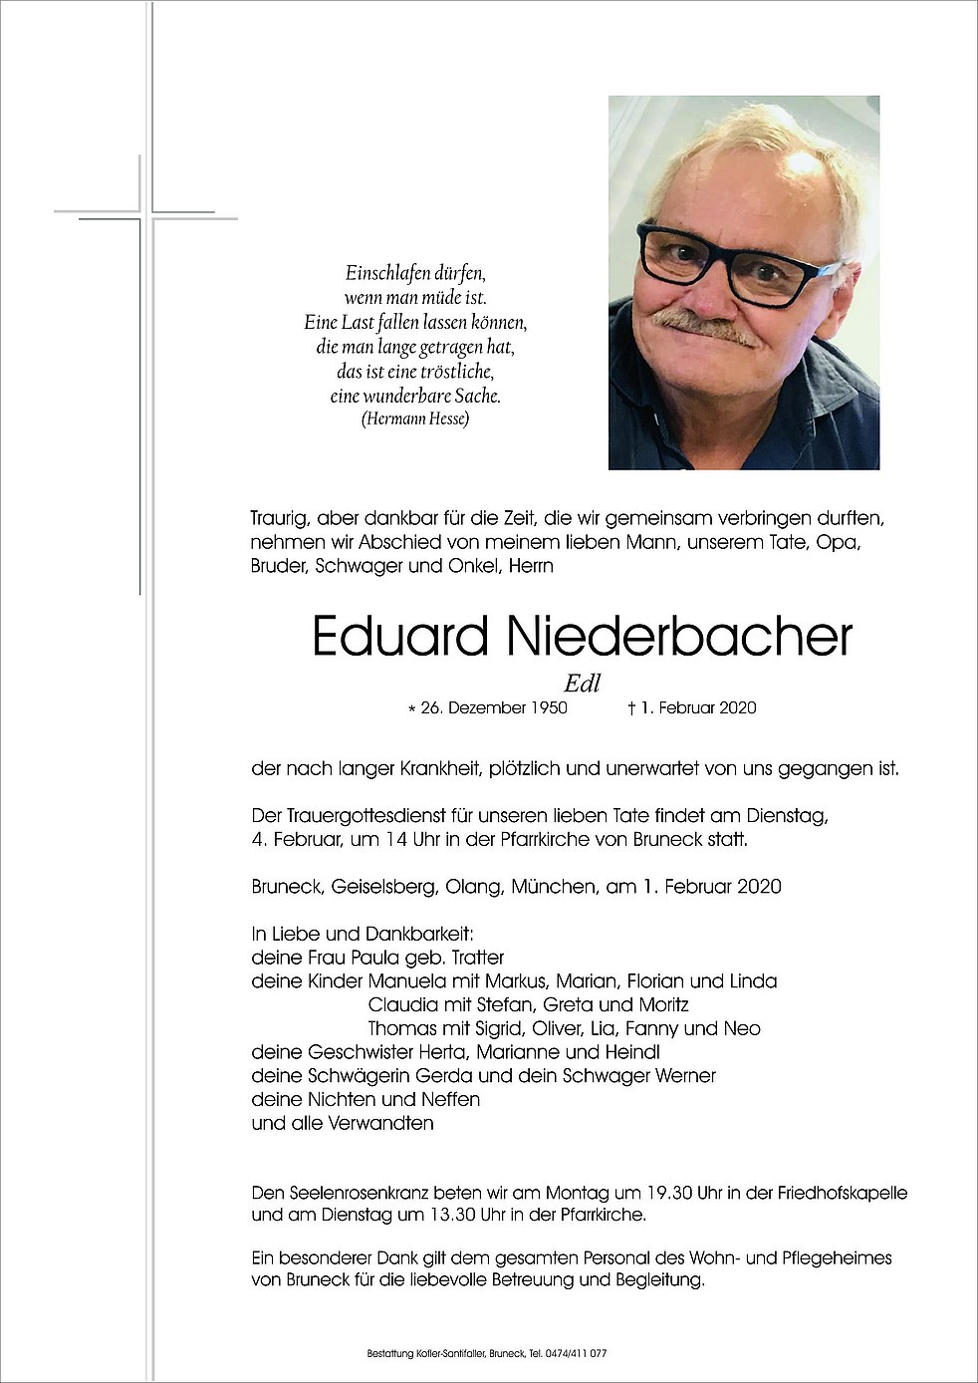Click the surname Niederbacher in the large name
click(x=679, y=637)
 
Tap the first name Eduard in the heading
click(x=400, y=637)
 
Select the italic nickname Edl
click(x=582, y=684)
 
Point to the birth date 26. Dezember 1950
click(x=493, y=707)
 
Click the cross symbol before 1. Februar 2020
click(x=631, y=707)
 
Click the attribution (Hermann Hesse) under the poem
click(x=415, y=418)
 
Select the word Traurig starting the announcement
click(x=280, y=518)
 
